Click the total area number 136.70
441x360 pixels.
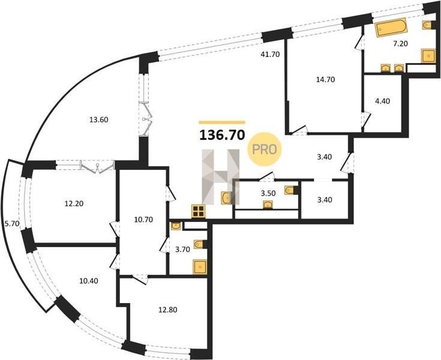pyautogui.click(x=222, y=135)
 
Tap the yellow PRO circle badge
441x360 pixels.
pyautogui.click(x=265, y=149)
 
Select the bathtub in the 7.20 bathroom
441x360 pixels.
pyautogui.click(x=391, y=27)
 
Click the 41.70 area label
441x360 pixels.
pyautogui.click(x=270, y=55)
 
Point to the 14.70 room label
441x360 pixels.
pyautogui.click(x=325, y=80)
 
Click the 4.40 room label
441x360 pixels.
pyautogui.click(x=383, y=101)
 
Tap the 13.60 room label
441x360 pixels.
pyautogui.click(x=99, y=120)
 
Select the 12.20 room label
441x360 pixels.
pyautogui.click(x=74, y=203)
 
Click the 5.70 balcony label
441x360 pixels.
pyautogui.click(x=12, y=224)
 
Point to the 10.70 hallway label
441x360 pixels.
pyautogui.click(x=143, y=220)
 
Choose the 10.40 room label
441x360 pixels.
pyautogui.click(x=89, y=280)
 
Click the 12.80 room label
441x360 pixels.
pyautogui.click(x=168, y=310)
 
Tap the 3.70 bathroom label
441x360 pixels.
pyautogui.click(x=182, y=249)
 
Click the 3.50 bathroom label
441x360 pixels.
pyautogui.click(x=268, y=193)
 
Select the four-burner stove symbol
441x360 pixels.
pyautogui.click(x=199, y=211)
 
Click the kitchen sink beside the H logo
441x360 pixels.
pyautogui.click(x=226, y=198)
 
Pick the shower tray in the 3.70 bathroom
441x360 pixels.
pyautogui.click(x=200, y=266)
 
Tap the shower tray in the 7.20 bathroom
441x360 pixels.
pyautogui.click(x=428, y=56)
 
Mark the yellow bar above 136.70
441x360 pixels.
pyautogui.click(x=222, y=122)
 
